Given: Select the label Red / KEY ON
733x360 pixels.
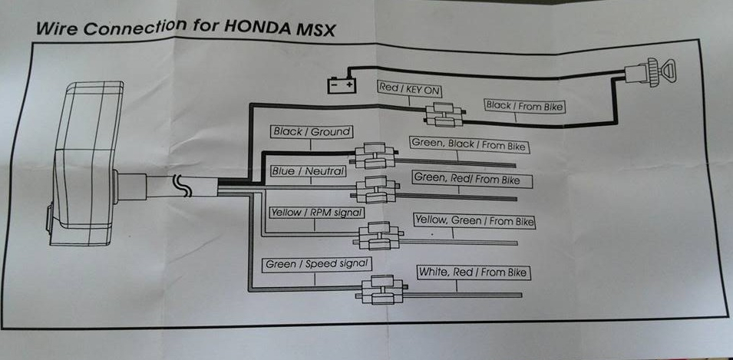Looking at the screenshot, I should [x=410, y=88].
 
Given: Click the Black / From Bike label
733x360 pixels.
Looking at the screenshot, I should [x=525, y=106].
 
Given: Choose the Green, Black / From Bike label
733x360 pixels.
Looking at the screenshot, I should [x=471, y=144].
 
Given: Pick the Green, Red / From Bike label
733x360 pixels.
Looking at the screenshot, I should [x=471, y=180].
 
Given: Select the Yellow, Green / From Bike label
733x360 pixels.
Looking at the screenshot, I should [x=474, y=221].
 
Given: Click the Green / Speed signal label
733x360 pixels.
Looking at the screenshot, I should [x=317, y=264].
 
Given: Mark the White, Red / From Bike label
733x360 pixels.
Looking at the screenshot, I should [x=473, y=272].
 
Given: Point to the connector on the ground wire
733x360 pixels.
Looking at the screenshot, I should [x=375, y=155].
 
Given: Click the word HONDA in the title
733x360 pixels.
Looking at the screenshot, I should [x=256, y=28].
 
